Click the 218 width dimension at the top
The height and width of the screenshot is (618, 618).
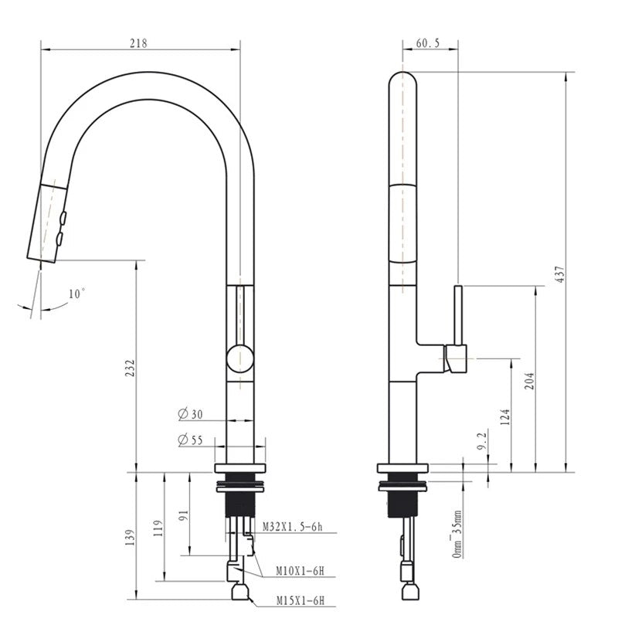(138, 43)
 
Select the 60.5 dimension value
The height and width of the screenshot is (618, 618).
(427, 43)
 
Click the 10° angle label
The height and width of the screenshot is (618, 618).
(76, 294)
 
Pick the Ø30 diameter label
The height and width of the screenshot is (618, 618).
(190, 415)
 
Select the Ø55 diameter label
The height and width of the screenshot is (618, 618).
(190, 440)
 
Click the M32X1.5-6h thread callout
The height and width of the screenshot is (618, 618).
(292, 527)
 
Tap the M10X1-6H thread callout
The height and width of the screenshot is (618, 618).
(300, 572)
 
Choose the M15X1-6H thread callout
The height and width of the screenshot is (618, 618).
(301, 599)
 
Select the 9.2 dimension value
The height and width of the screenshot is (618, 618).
(481, 442)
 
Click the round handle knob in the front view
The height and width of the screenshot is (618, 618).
(239, 360)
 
